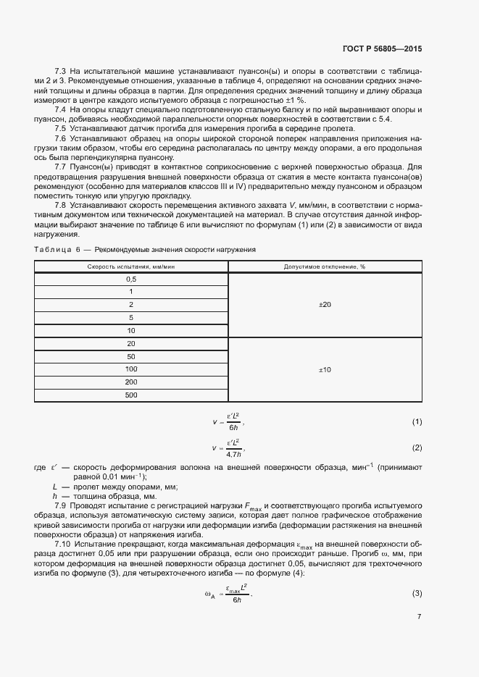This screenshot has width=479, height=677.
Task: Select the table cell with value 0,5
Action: (131, 279)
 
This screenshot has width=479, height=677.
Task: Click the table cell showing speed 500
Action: (131, 395)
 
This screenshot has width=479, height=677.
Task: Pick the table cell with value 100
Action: (131, 369)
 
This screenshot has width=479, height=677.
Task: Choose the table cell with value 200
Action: (131, 382)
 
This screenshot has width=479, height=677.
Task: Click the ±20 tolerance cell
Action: (325, 305)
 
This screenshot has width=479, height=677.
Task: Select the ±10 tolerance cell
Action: (325, 370)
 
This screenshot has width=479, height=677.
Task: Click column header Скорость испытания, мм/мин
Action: (131, 266)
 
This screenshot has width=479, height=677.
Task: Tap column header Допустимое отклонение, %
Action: (325, 266)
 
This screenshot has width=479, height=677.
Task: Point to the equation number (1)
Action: (417, 421)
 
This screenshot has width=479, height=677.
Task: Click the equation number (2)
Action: (417, 447)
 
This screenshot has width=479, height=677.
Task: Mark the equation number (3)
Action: (417, 574)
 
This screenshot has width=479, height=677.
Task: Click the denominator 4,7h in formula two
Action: (233, 453)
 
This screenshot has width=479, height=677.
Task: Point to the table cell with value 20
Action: (131, 344)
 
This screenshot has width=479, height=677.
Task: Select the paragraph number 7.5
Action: (61, 128)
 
